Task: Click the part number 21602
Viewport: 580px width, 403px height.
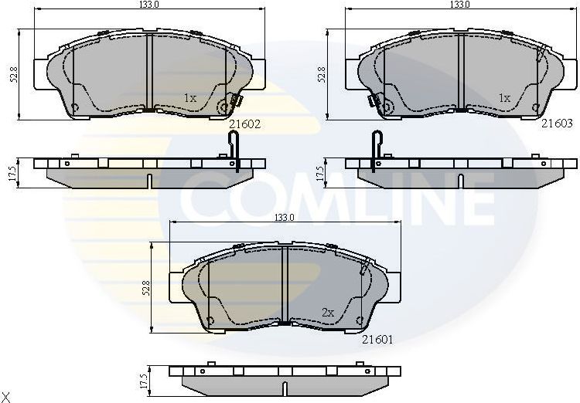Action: tap(244, 122)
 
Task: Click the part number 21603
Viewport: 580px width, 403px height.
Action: tap(556, 122)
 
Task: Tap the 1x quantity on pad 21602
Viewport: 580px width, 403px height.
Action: tap(190, 98)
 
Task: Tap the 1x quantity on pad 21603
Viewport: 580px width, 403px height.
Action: tap(504, 98)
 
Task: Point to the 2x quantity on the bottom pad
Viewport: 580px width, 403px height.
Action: tap(327, 313)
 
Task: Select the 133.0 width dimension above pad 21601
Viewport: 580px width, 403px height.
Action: tap(285, 218)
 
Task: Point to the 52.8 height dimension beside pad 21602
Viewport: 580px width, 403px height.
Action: tap(14, 74)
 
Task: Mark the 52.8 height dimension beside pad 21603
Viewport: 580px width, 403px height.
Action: tap(323, 74)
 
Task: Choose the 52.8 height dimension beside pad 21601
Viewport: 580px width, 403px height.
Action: tap(146, 288)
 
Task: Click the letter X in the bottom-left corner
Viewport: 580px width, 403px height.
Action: tap(6, 396)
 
